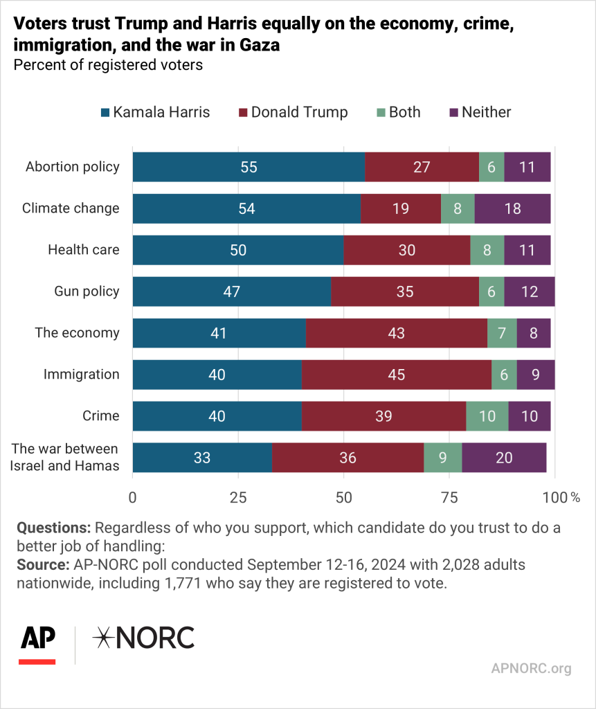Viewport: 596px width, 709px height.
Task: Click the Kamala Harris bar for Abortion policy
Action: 249,167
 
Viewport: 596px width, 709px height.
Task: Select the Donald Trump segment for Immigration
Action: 396,375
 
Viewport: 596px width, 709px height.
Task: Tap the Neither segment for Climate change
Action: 512,208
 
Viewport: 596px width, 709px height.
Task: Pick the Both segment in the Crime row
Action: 487,416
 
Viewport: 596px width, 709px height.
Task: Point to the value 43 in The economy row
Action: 396,333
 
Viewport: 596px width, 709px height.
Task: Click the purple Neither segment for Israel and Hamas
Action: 504,458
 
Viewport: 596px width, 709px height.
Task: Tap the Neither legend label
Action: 486,112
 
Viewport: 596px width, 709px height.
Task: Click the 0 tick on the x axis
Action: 133,496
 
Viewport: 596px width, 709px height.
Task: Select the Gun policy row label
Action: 87,291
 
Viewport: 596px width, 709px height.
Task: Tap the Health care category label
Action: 83,250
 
